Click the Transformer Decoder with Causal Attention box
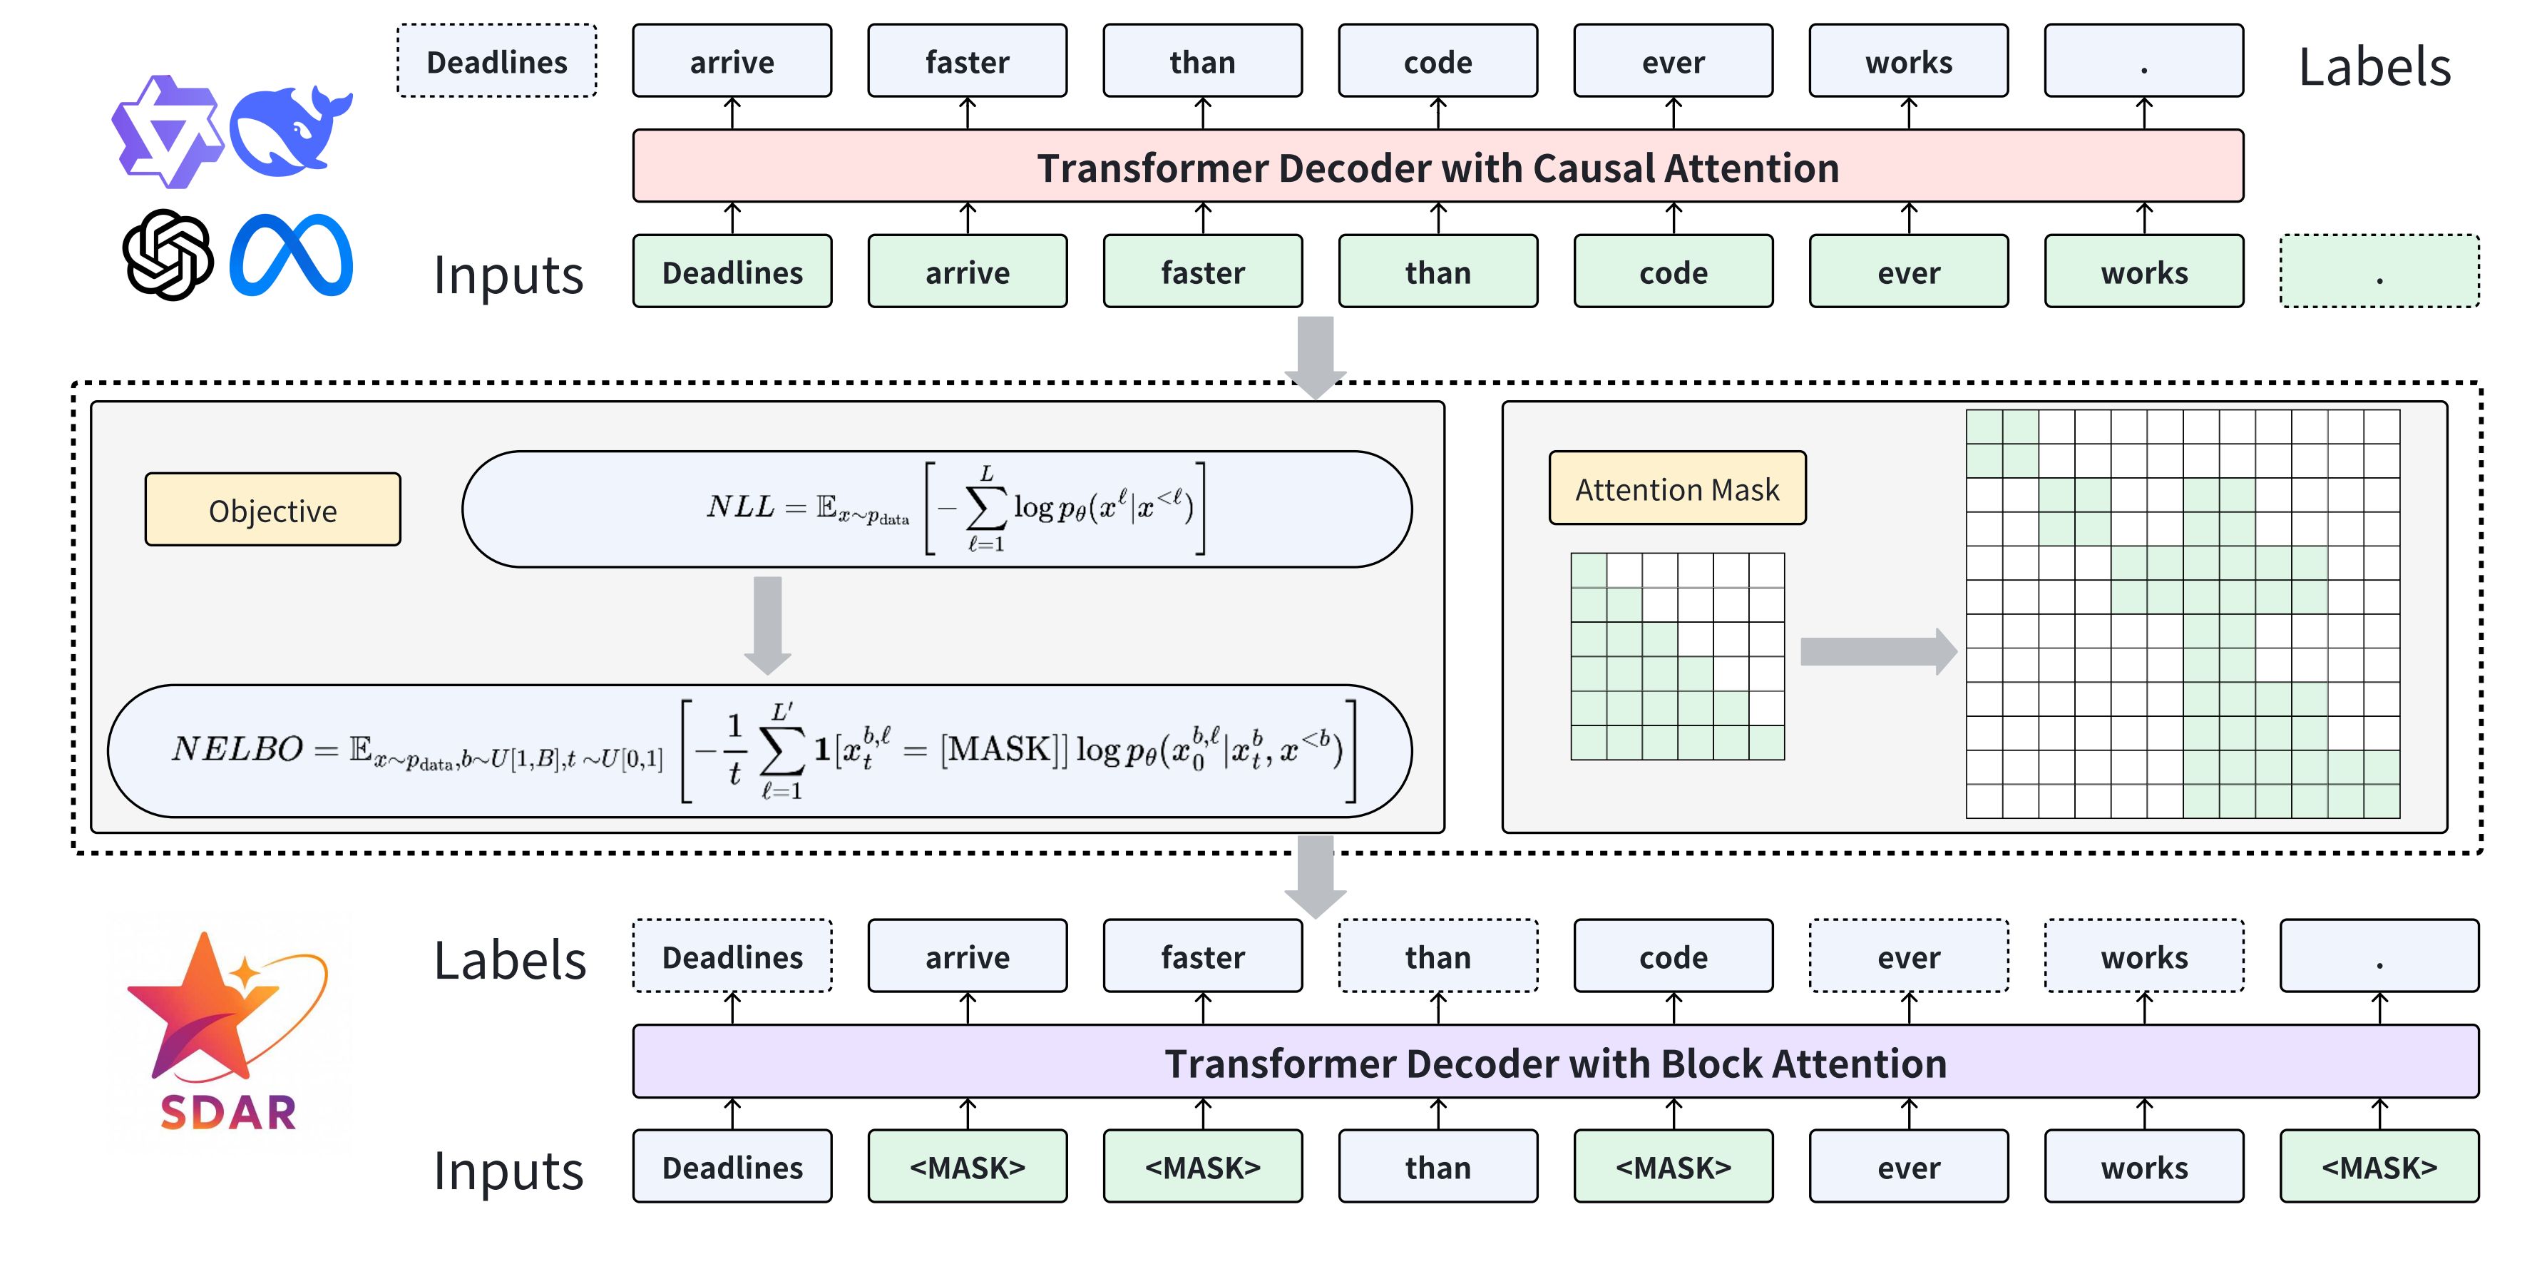[x=1438, y=166]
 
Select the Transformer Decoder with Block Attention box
[x=1555, y=1062]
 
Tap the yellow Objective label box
[x=273, y=509]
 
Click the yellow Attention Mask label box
[x=1677, y=489]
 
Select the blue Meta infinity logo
[x=291, y=255]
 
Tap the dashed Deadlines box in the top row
[x=496, y=61]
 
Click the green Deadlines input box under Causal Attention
[x=732, y=272]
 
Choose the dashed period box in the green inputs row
[x=2379, y=272]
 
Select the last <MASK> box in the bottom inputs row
[x=2379, y=1167]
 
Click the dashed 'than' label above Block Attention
[x=1438, y=957]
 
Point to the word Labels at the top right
[x=2374, y=67]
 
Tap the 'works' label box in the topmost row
[x=1908, y=61]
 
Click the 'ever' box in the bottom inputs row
[x=1908, y=1167]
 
